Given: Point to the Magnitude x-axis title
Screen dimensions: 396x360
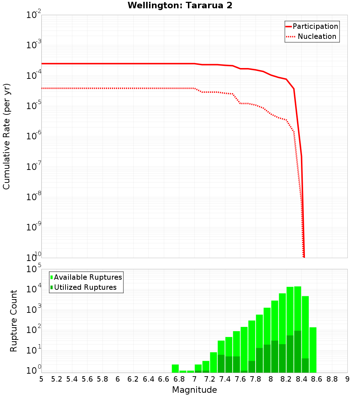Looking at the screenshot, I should [x=194, y=390].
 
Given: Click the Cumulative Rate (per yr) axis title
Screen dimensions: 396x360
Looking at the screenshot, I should [x=6, y=136].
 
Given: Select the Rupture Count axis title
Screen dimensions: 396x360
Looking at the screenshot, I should [x=14, y=321].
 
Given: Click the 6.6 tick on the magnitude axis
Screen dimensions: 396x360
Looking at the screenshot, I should [x=164, y=379].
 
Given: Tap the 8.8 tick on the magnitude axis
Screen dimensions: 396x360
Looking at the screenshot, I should [x=332, y=379].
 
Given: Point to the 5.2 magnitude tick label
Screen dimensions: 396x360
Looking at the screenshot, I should [x=57, y=379].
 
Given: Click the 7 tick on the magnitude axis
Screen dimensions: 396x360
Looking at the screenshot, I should [x=194, y=379].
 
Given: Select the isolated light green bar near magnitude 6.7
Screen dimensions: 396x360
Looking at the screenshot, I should [x=175, y=369].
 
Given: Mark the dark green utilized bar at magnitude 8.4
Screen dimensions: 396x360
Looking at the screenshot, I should [x=305, y=365].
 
